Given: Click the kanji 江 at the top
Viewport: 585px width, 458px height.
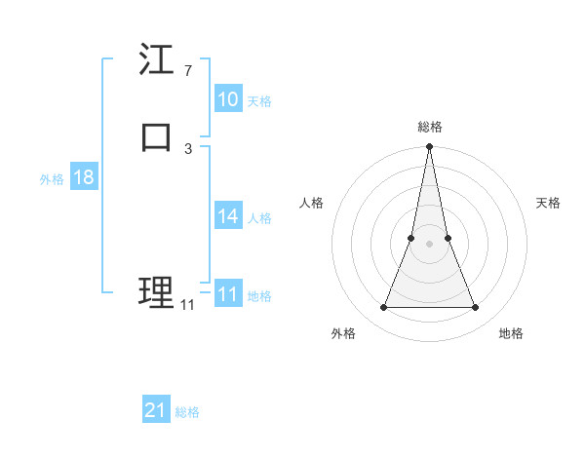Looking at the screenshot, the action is (157, 60).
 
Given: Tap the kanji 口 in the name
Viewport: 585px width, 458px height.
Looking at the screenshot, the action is (157, 137).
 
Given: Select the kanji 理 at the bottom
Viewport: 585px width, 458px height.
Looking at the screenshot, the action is (157, 292).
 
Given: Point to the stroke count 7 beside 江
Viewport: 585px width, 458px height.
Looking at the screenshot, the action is (187, 71).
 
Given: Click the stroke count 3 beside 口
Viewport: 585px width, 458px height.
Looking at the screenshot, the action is (187, 148).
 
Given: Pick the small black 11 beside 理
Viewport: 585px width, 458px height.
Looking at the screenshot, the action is (187, 305).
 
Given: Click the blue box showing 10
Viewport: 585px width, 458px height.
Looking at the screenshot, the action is (228, 99).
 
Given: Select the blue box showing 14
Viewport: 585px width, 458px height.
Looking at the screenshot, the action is (228, 216).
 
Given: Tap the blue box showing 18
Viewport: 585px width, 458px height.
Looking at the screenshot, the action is (84, 177).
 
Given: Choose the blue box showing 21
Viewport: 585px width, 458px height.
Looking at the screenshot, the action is (156, 410).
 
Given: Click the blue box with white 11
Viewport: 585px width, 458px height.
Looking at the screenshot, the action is (228, 294).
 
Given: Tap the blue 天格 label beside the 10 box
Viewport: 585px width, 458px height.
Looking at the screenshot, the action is (259, 101).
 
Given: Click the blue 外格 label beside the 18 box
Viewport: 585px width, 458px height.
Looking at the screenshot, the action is (52, 179).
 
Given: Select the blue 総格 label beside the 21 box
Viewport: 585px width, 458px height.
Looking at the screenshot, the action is (187, 412).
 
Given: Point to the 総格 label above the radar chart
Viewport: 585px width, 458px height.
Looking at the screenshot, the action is (430, 127).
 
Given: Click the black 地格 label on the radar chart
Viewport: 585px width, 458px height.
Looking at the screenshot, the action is (511, 334).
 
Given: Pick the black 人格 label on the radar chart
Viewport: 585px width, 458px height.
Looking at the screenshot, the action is (312, 203).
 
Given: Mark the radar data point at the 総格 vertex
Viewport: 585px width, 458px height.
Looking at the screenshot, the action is (430, 147).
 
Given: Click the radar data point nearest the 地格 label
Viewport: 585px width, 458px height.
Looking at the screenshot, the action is (476, 308).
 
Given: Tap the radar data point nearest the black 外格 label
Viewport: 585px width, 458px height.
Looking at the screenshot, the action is (383, 308).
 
